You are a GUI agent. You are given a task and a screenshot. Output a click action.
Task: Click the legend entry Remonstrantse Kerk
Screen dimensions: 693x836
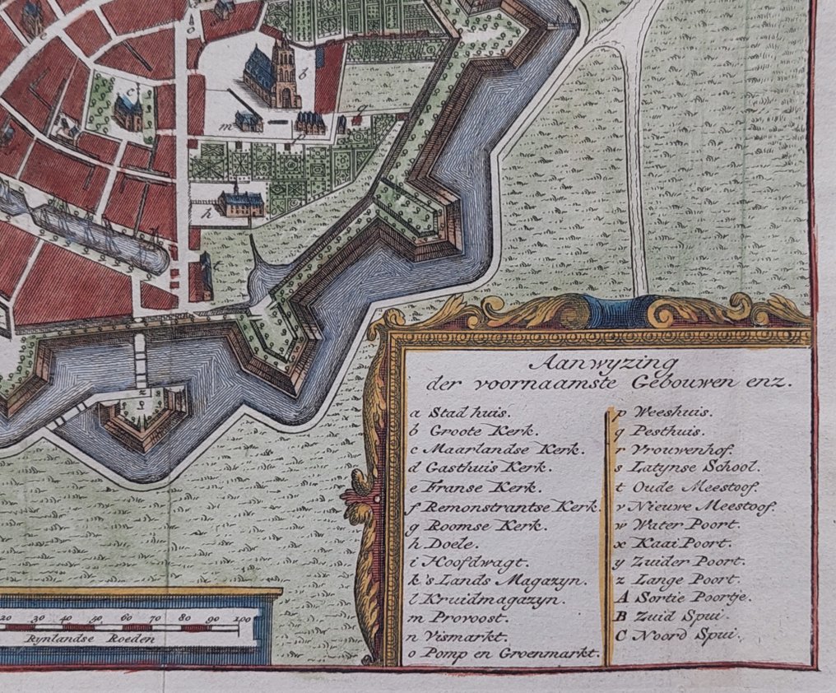pyautogui.click(x=505, y=506)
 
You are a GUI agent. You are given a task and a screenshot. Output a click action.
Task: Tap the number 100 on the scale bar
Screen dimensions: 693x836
pyautogui.click(x=241, y=617)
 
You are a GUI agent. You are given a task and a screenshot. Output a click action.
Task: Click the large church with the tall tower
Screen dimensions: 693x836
pyautogui.click(x=275, y=76)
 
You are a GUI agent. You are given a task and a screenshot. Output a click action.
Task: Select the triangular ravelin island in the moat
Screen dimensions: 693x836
pyautogui.click(x=142, y=415)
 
